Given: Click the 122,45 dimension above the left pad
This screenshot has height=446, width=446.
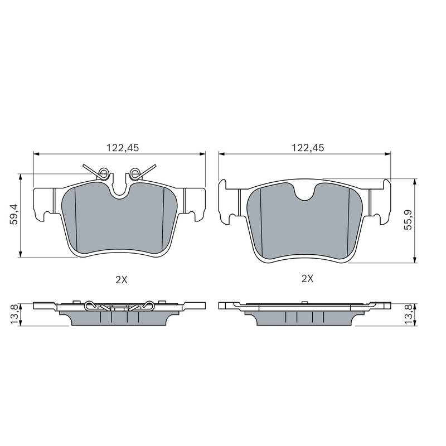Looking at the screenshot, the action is [x=123, y=148].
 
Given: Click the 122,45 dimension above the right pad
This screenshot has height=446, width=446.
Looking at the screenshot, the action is [x=308, y=148].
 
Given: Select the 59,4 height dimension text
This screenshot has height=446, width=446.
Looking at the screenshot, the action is [x=14, y=214].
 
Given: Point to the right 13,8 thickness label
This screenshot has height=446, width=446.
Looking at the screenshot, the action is [x=409, y=314].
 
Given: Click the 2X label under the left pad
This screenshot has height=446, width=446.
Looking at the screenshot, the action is [x=122, y=280].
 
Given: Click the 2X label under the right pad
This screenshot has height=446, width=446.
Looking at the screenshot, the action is [x=308, y=279].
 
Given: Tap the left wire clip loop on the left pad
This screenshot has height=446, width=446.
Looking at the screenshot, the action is [x=103, y=173].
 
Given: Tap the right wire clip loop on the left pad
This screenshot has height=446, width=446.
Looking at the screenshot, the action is [x=134, y=173].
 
